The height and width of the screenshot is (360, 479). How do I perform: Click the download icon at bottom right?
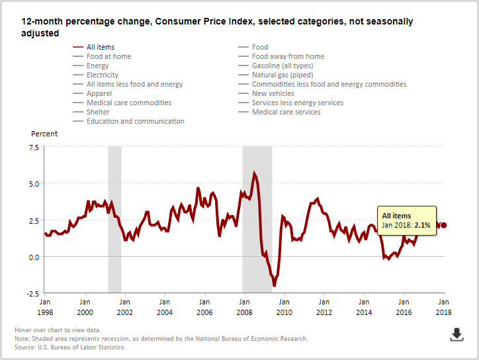tap(457, 334)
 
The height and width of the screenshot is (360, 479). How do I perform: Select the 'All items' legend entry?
tap(101, 47)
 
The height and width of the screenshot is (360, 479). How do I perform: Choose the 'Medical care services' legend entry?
tap(286, 112)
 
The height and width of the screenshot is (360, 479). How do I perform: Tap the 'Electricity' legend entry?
tap(103, 75)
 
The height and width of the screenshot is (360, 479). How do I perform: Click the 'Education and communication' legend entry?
tap(135, 121)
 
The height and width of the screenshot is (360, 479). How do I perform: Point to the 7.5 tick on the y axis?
tap(34, 147)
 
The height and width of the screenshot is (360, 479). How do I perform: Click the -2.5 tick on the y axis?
tap(32, 293)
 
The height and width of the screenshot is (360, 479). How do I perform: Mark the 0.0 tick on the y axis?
tap(34, 257)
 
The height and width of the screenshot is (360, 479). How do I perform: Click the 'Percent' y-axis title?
tap(44, 134)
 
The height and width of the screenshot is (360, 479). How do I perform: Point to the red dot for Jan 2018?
tap(443, 225)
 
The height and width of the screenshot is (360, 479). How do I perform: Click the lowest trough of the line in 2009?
tap(274, 286)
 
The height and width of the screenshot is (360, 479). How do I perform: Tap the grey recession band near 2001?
tap(114, 218)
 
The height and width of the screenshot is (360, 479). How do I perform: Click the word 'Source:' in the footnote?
tap(26, 347)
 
